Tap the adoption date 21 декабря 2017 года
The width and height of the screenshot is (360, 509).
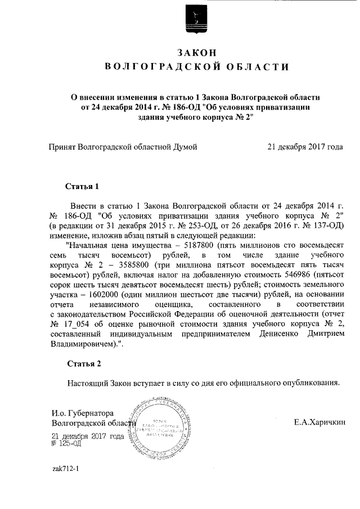coord(305,147)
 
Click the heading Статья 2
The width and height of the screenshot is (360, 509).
coord(83,363)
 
